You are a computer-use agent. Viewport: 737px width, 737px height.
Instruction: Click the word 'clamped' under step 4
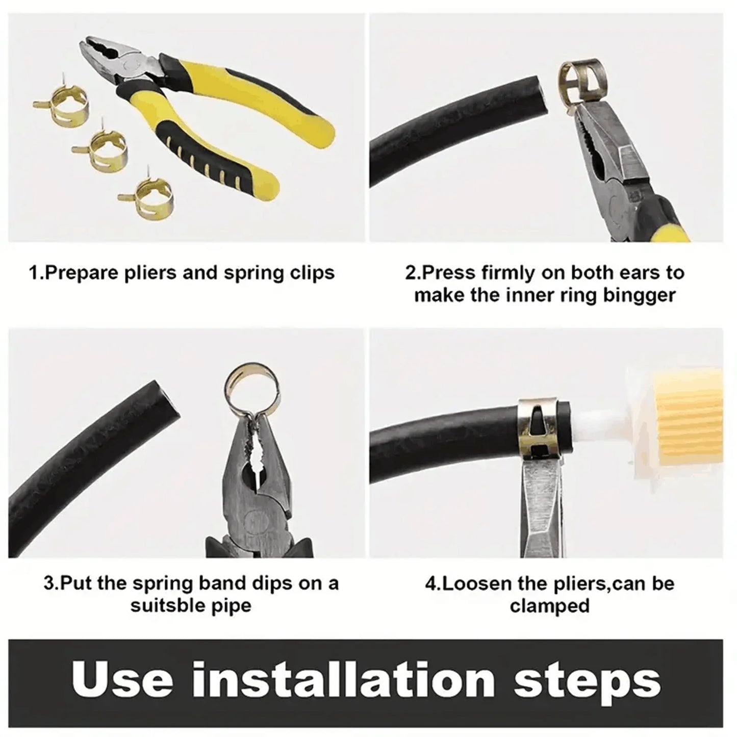[x=549, y=606]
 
